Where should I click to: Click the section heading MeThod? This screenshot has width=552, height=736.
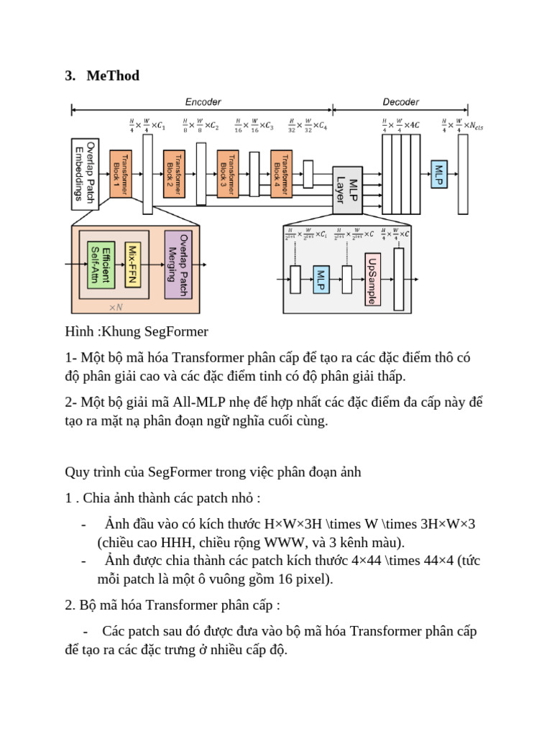coord(113,75)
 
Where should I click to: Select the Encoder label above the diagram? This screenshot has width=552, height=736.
coord(203,102)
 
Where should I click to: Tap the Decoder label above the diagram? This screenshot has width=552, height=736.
coord(400,102)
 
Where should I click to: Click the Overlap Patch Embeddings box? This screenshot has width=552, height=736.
coord(85,173)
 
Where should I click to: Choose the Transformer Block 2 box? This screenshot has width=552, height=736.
coord(173,175)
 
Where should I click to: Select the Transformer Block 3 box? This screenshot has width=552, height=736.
coord(226,175)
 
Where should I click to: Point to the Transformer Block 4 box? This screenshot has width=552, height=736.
coord(280,175)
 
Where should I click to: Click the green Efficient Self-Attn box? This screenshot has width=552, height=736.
coord(101,264)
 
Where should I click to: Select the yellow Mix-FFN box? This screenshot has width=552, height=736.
coord(132,264)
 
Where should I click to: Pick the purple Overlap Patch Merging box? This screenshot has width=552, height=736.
coord(178,264)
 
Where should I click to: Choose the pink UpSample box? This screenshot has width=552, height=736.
coord(372,280)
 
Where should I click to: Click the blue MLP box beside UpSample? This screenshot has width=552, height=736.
coord(321,280)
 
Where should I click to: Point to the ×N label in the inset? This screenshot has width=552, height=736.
coord(116,307)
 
